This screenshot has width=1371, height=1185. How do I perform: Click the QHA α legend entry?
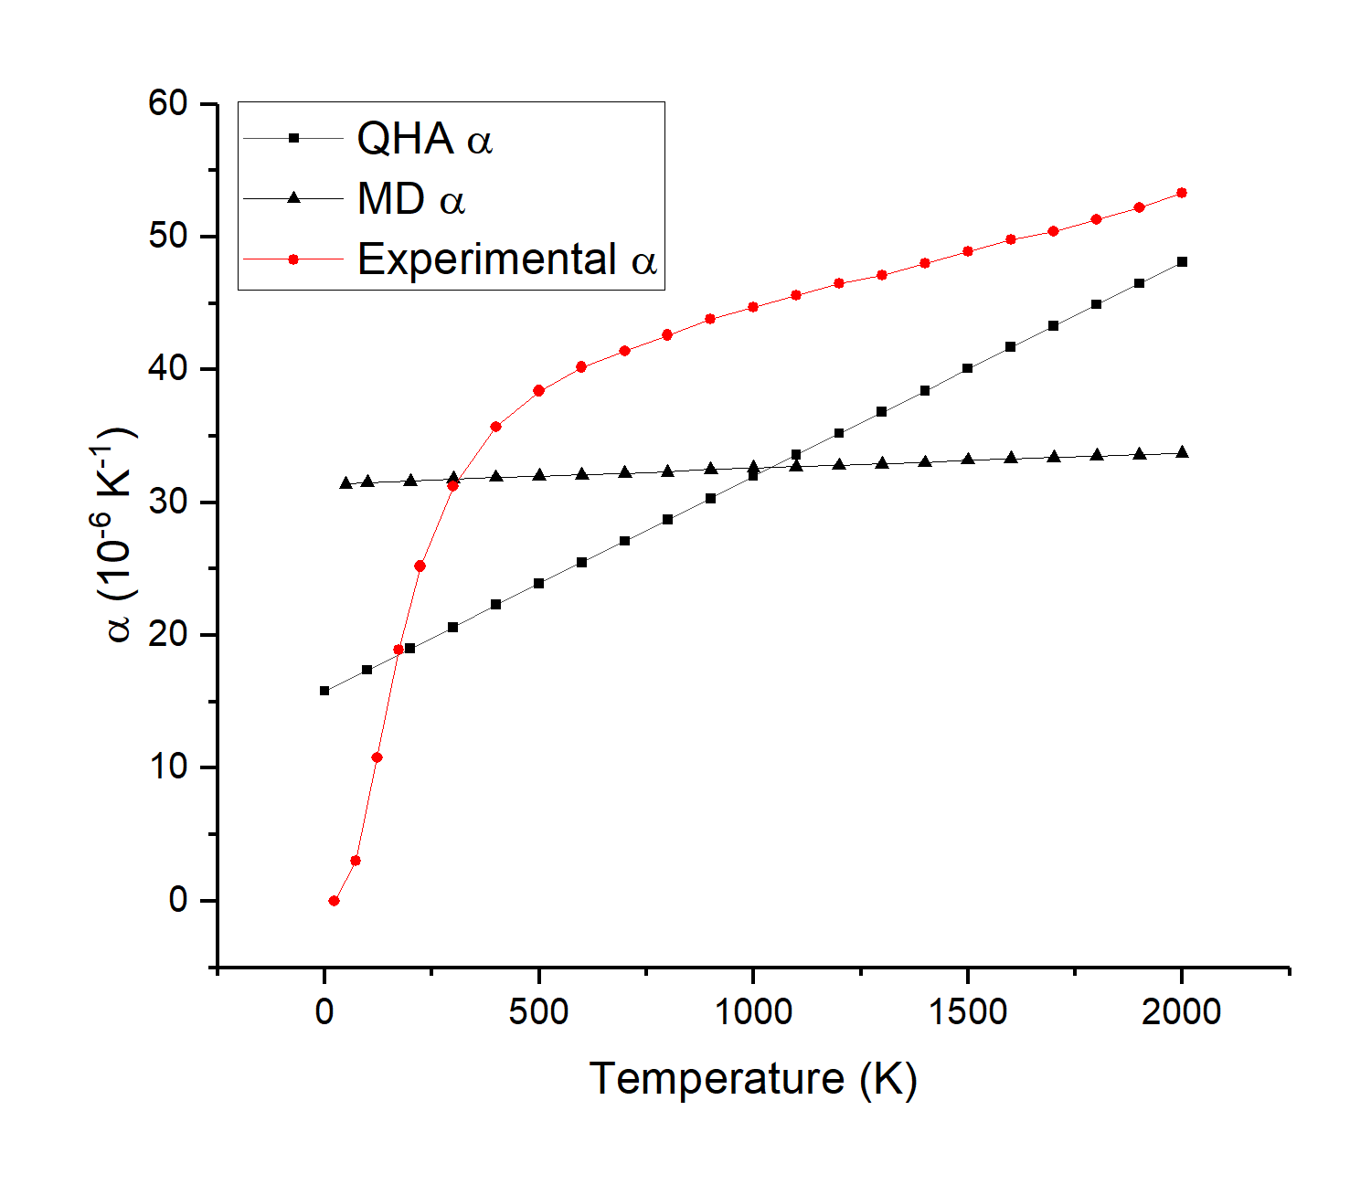point(424,139)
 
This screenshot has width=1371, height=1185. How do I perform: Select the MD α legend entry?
point(411,199)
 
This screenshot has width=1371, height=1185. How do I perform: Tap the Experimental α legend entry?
point(506,259)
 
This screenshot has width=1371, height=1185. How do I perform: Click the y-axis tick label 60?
point(167,103)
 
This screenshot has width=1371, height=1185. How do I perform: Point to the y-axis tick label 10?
point(169,767)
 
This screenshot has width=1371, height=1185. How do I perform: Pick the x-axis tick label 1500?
point(967,1011)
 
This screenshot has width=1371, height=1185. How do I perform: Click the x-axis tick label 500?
point(538,1011)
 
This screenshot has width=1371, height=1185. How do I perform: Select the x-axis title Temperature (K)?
point(753,1079)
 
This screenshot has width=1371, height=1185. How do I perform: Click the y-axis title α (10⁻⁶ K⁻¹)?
point(117,534)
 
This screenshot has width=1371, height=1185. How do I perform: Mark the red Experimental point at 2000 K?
point(1182,193)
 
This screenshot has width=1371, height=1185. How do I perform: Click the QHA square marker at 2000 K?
point(1182,262)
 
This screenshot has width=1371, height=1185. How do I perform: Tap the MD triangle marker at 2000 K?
point(1182,452)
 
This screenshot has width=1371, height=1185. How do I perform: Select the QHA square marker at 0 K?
point(324,691)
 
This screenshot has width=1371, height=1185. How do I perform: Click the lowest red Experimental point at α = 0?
point(334,901)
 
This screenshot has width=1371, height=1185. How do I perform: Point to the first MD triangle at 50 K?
point(345,482)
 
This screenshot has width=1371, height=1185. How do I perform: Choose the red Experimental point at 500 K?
point(538,391)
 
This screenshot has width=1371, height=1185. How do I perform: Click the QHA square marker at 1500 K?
point(967,369)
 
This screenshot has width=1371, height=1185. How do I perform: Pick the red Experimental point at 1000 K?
point(753,307)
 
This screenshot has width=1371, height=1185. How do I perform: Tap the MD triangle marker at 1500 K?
point(967,460)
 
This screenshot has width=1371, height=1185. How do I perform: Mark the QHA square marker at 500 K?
point(538,583)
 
